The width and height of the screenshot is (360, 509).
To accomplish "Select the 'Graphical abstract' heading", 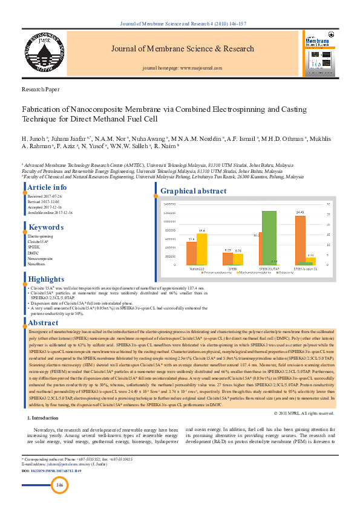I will tap(194, 192).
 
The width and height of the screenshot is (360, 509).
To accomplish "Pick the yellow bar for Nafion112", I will tap(202, 249).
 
